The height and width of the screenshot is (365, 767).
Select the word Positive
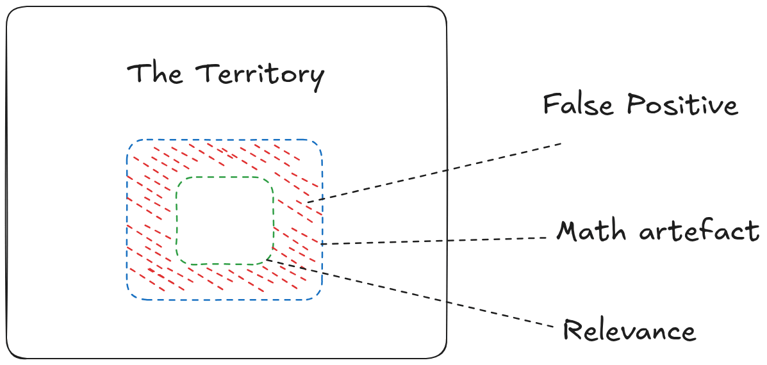pyautogui.click(x=682, y=104)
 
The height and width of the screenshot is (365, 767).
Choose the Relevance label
pyautogui.click(x=629, y=330)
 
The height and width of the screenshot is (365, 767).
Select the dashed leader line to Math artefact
pyautogui.click(x=436, y=241)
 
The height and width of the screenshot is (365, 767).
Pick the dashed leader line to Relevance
pyautogui.click(x=410, y=295)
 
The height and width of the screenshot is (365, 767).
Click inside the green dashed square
pyautogui.click(x=225, y=220)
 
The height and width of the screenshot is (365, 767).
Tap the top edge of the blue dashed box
pyautogui.click(x=224, y=140)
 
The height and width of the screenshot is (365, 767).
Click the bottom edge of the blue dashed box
pyautogui.click(x=224, y=300)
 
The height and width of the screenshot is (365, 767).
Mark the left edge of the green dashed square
pyautogui.click(x=177, y=220)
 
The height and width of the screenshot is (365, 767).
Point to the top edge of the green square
pyautogui.click(x=225, y=177)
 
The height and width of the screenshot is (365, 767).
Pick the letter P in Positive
pyautogui.click(x=634, y=104)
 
